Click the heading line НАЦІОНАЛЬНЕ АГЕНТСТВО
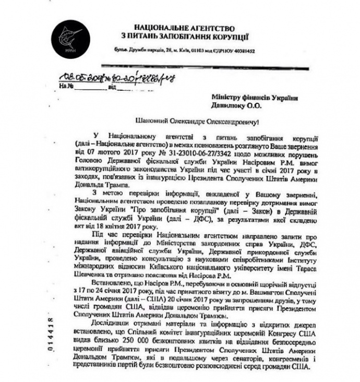tap(184, 27)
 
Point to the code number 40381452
tap(243, 51)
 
